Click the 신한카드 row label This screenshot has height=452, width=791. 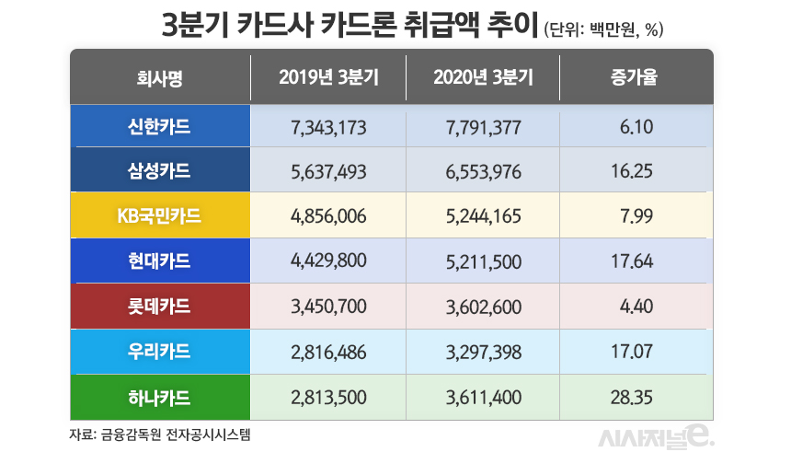coord(160,126)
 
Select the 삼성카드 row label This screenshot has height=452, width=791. coord(160,171)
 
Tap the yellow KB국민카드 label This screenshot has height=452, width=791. coord(160,216)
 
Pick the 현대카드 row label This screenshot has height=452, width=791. coord(160,261)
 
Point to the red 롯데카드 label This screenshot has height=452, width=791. coord(160,307)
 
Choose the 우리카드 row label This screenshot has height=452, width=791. coord(160,352)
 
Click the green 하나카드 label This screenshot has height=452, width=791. coord(160,397)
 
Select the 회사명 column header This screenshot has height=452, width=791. coord(160,77)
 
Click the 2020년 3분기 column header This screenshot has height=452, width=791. coord(483,77)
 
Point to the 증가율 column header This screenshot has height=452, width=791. coord(636,77)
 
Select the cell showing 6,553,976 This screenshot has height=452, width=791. coord(483,171)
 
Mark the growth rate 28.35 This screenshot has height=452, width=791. coord(634,397)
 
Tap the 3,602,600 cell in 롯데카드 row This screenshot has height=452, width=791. coord(483,307)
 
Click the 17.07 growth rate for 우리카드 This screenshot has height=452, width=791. coord(634,352)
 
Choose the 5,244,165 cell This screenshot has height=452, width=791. coord(483,216)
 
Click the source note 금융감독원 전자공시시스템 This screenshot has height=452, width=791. coord(160,433)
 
